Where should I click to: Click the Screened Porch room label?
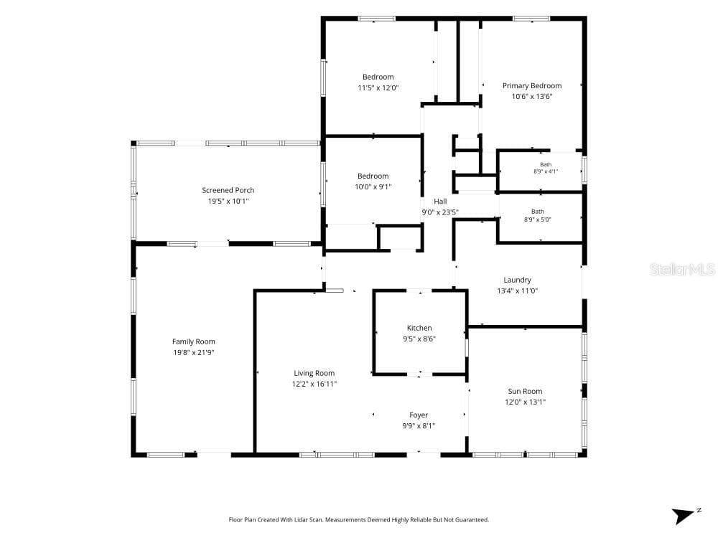coord(228,190)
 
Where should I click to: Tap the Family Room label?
coord(193,341)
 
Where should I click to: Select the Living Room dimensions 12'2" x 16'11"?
coord(314,384)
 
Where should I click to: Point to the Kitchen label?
coord(419,328)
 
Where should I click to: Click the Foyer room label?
coord(419,415)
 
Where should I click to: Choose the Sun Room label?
coord(525,391)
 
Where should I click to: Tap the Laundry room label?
coord(517,280)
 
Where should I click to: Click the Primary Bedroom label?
coord(531,85)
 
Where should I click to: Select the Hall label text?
coord(440,202)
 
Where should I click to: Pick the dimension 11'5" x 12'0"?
coord(378,88)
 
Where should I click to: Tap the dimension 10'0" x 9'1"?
coord(373,187)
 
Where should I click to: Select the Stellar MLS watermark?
coord(682,269)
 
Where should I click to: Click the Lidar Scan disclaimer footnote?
coord(358,519)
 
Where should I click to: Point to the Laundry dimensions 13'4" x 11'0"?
coord(517,291)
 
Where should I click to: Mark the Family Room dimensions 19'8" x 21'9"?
coord(193,352)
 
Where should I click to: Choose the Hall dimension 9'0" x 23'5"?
coord(439,212)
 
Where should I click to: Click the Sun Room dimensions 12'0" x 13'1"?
coord(525,402)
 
